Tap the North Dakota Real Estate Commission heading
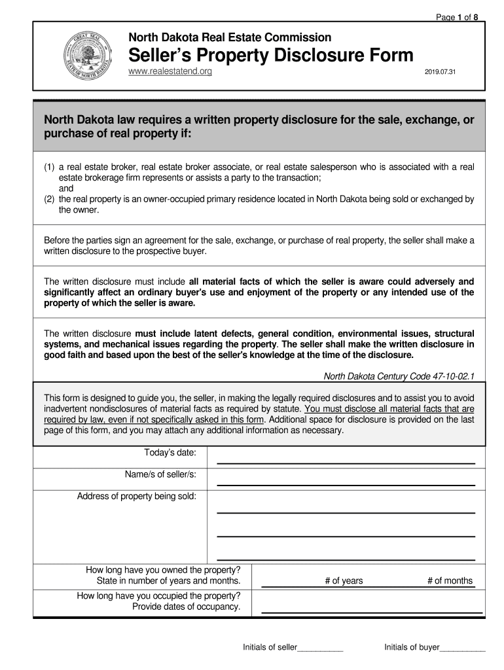coord(229,37)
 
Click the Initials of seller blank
coord(320,648)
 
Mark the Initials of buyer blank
coord(462,648)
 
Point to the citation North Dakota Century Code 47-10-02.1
coord(399,376)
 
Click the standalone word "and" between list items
coord(66,188)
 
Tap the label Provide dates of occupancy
coord(187,607)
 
